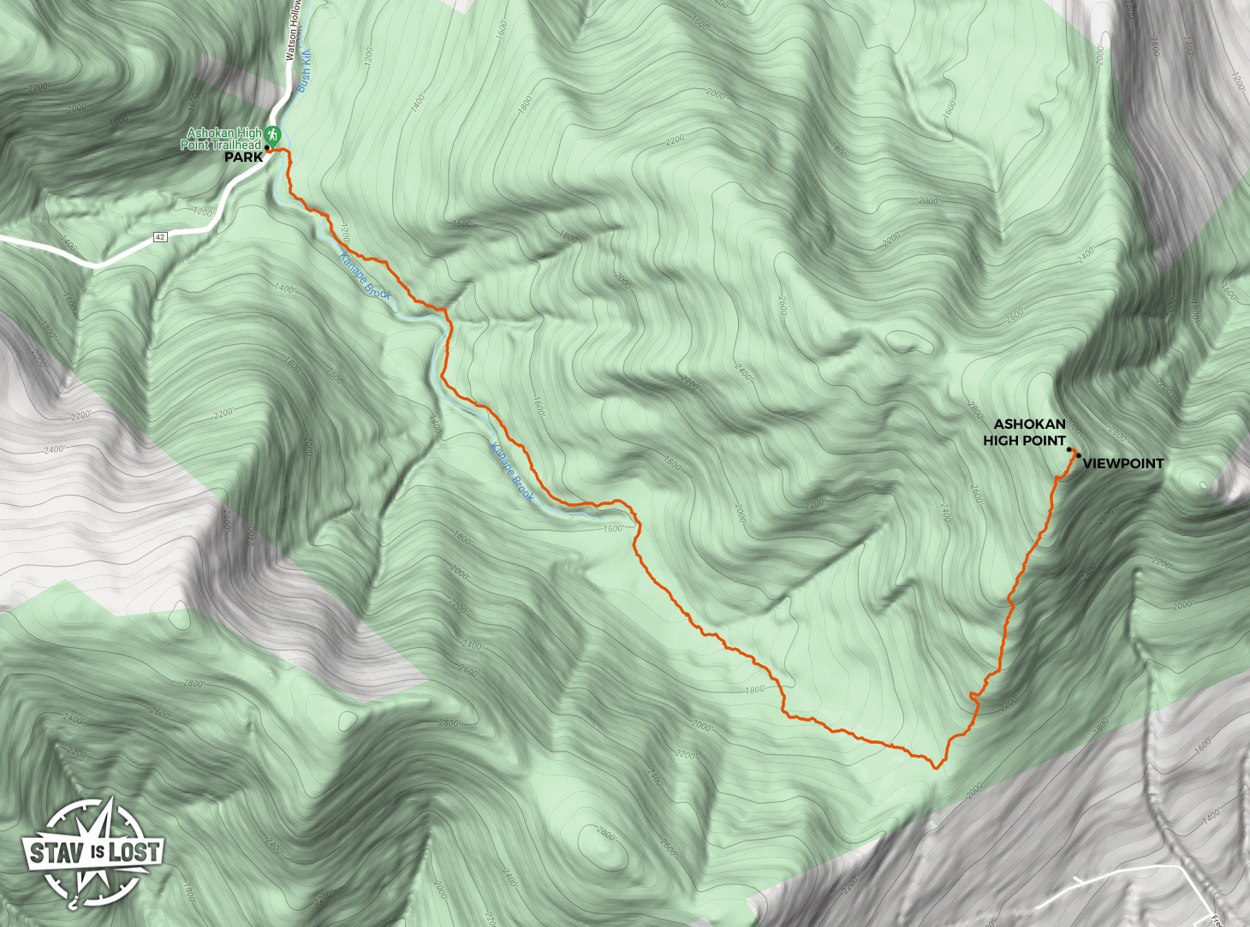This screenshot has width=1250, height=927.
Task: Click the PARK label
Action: pos(243,157)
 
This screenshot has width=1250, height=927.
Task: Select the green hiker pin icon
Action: pos(272,135)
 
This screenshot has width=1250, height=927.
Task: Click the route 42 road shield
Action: pos(160,236)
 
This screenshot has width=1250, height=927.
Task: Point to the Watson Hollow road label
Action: pos(292,30)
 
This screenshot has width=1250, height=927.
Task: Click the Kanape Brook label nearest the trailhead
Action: pos(366,275)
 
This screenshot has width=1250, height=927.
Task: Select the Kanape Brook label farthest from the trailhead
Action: pos(513,472)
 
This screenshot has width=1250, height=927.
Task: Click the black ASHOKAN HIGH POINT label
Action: pos(1025,432)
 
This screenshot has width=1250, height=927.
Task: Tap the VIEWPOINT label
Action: pos(1123,463)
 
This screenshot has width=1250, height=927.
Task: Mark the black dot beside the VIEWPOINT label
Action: pos(1076,455)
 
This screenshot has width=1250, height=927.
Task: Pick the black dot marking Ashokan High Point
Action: pos(1069,449)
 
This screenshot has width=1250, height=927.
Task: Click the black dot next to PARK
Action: pos(267,147)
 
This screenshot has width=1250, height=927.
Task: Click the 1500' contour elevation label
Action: pos(613,528)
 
